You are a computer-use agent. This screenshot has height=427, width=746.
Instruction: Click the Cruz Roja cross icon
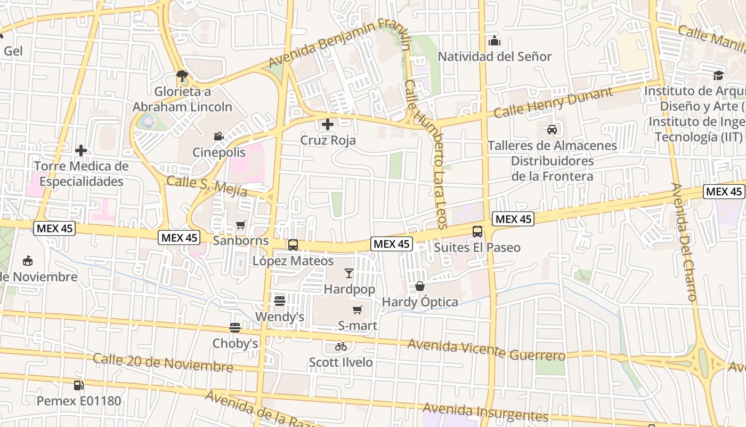(328, 124)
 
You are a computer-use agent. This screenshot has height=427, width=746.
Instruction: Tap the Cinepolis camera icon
(218, 136)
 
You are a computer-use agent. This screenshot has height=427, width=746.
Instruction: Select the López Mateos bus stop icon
(293, 245)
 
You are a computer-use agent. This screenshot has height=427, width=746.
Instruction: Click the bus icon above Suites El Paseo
(477, 232)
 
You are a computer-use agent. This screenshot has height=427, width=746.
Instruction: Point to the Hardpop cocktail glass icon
(349, 273)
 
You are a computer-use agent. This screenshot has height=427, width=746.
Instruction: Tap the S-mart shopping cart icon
(358, 310)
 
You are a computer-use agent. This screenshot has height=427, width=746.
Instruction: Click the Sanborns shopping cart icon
(240, 225)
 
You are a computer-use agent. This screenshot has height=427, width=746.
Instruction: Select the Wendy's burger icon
(280, 301)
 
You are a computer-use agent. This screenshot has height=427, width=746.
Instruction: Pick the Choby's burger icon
(235, 327)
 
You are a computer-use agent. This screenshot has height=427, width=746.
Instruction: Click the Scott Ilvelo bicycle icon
(341, 346)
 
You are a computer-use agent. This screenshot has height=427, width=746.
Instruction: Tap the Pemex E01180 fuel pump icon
(79, 384)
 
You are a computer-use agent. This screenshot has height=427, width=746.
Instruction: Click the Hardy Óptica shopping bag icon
(420, 286)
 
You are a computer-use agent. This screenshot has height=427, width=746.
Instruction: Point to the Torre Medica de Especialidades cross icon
(81, 151)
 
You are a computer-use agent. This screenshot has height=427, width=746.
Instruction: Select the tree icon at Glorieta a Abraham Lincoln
(182, 76)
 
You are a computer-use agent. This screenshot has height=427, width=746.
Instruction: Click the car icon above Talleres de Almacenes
(552, 129)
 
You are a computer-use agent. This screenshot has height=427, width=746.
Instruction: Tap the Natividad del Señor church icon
(494, 41)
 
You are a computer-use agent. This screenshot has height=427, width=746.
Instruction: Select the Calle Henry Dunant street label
(553, 103)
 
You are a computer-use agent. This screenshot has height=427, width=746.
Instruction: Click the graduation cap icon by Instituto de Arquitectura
(719, 75)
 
